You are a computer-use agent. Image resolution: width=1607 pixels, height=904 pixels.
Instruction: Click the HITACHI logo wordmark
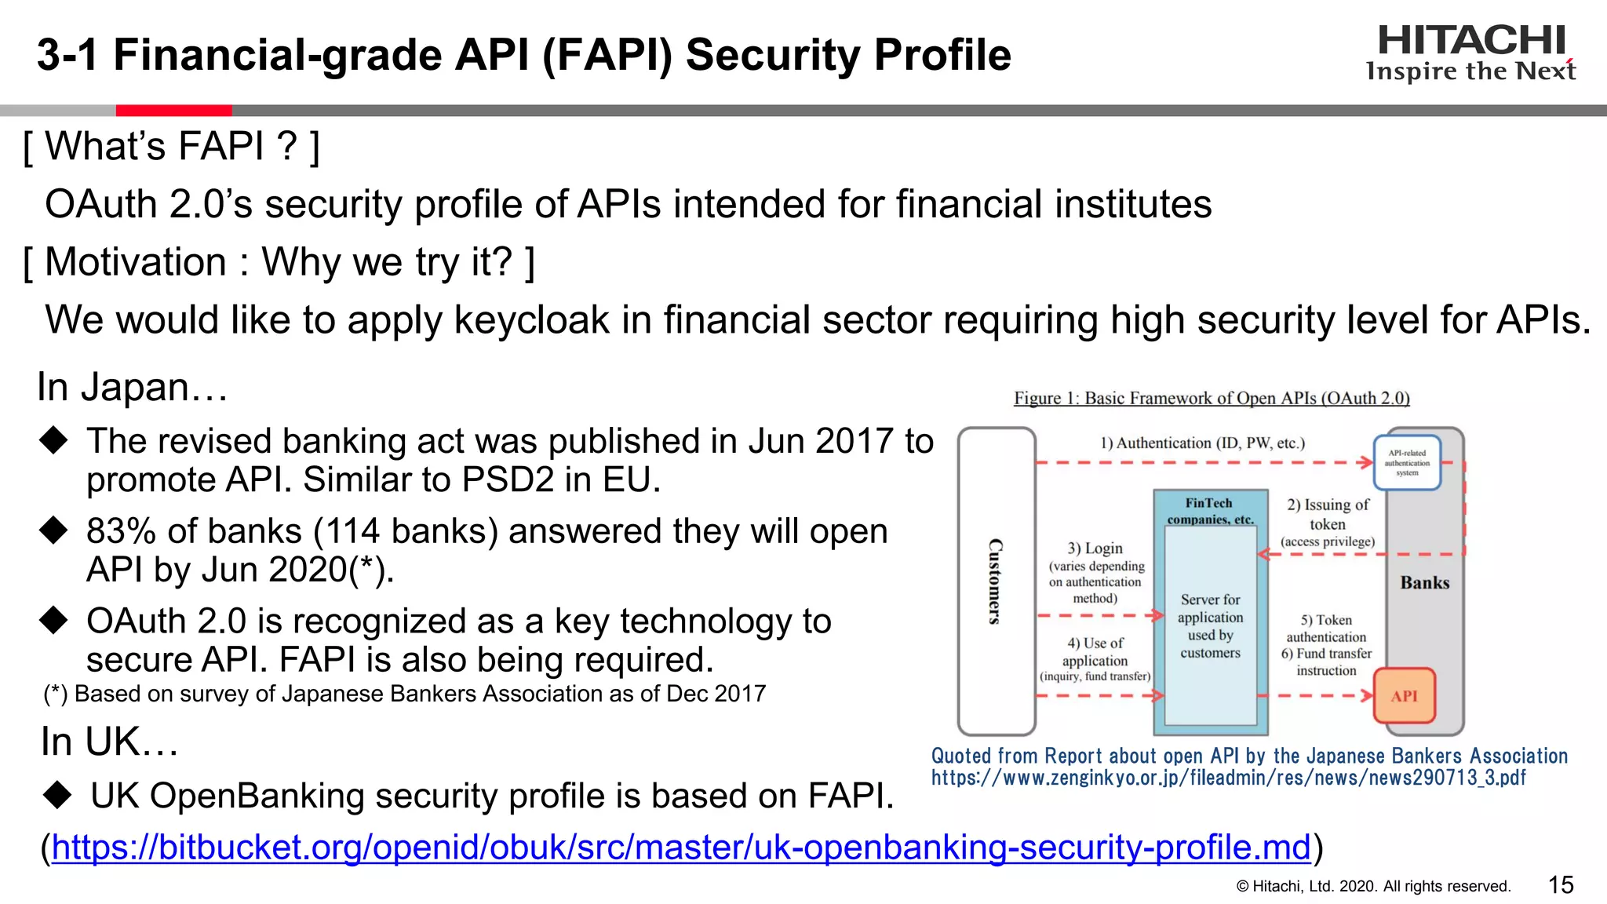pos(1471,41)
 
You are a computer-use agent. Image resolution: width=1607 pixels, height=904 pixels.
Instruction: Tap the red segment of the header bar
pos(173,111)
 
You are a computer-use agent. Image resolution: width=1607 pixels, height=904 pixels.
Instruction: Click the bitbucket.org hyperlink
pos(681,847)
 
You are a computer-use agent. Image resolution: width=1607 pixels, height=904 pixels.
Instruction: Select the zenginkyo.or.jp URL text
pos(1228,778)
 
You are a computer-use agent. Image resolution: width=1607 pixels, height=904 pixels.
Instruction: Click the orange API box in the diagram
pos(1404,696)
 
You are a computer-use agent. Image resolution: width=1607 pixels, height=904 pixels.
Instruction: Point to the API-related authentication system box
pos(1407,463)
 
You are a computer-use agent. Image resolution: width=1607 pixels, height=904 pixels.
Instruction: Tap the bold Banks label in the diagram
pos(1424,583)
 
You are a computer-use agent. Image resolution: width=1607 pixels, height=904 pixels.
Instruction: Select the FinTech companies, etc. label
pos(1209,511)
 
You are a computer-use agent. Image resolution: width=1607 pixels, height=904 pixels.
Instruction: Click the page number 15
pos(1561,885)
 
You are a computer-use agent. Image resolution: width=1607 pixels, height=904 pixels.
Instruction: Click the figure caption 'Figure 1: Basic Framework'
pos(1212,399)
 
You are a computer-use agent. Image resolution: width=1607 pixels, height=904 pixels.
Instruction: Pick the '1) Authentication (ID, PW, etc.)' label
pos(1202,443)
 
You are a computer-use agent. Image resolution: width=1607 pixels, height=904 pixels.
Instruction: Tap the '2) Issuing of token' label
pos(1328,515)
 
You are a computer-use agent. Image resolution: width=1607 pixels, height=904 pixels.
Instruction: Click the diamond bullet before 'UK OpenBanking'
pos(57,796)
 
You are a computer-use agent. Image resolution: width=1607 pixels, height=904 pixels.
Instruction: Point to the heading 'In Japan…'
pos(132,388)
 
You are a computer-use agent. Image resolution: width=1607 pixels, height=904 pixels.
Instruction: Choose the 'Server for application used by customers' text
pos(1210,626)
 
